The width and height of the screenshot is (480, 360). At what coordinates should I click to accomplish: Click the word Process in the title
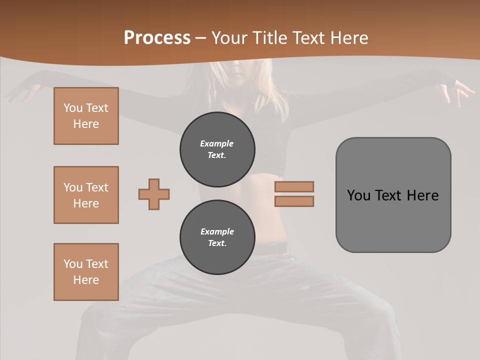point(157,38)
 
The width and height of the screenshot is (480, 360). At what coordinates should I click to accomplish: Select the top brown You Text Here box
point(86,116)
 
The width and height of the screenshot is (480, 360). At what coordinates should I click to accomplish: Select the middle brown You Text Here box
point(86,195)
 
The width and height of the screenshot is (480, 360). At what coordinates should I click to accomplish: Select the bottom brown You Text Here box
point(86,272)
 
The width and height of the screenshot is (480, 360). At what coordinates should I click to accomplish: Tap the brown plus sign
point(154,194)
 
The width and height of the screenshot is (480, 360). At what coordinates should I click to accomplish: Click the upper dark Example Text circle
point(217,149)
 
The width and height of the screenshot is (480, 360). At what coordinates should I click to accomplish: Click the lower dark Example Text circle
point(217,237)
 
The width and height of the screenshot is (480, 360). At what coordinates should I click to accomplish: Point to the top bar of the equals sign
point(294,186)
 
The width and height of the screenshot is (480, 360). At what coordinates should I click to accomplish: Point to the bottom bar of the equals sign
point(294,201)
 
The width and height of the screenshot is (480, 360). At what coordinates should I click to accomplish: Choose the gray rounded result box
point(393,220)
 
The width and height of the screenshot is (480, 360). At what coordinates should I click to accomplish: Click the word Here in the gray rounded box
point(422,195)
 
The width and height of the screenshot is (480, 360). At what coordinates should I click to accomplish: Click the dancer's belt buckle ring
point(286,249)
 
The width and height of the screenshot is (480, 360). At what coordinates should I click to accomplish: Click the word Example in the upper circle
point(217,143)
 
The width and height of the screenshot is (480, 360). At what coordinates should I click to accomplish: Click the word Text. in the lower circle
point(217,243)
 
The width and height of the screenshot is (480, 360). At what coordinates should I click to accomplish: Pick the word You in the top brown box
point(72,108)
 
